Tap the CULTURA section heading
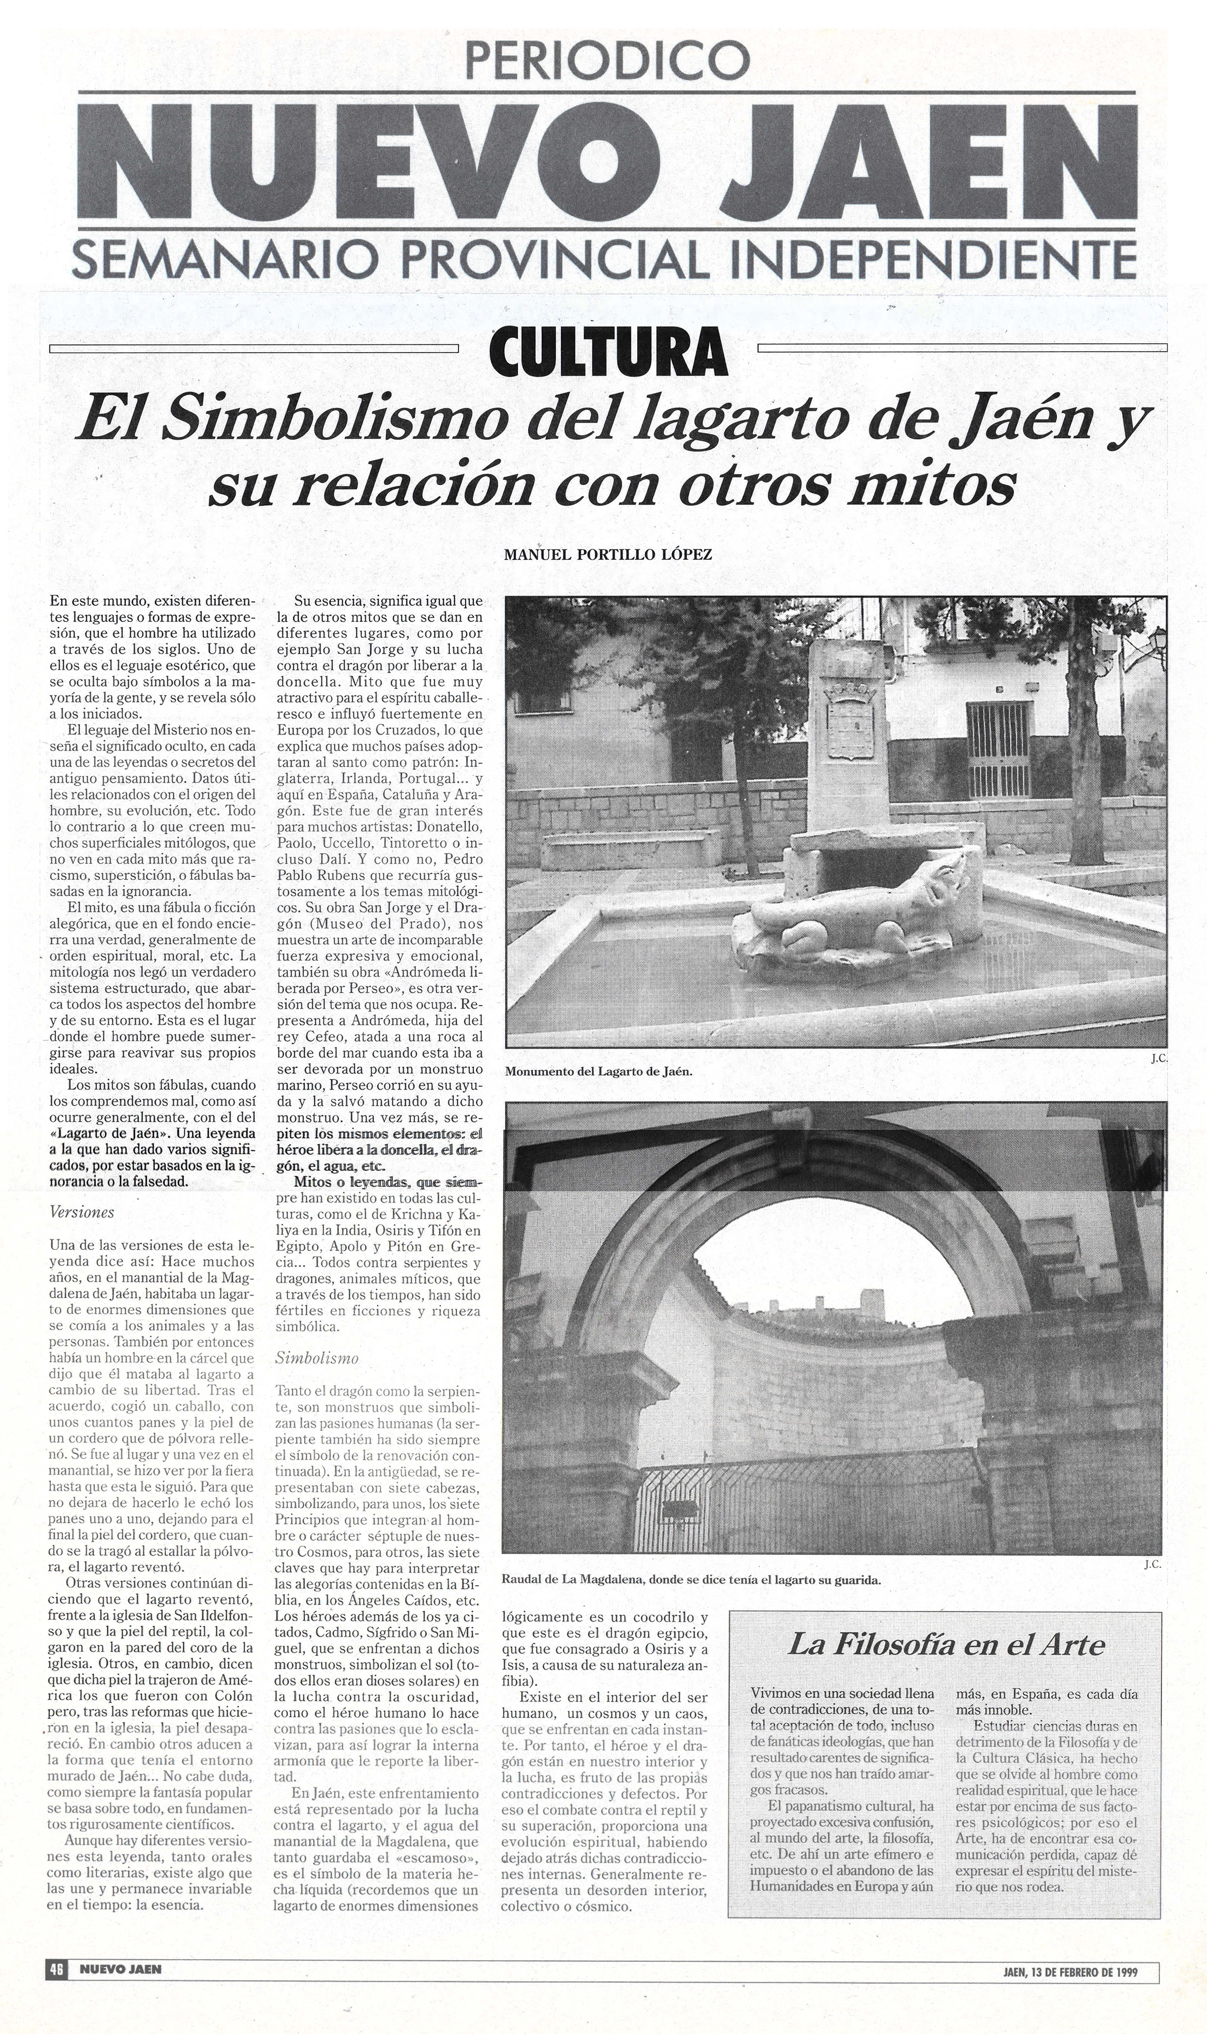(x=608, y=351)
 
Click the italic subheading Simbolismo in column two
(x=317, y=1358)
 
